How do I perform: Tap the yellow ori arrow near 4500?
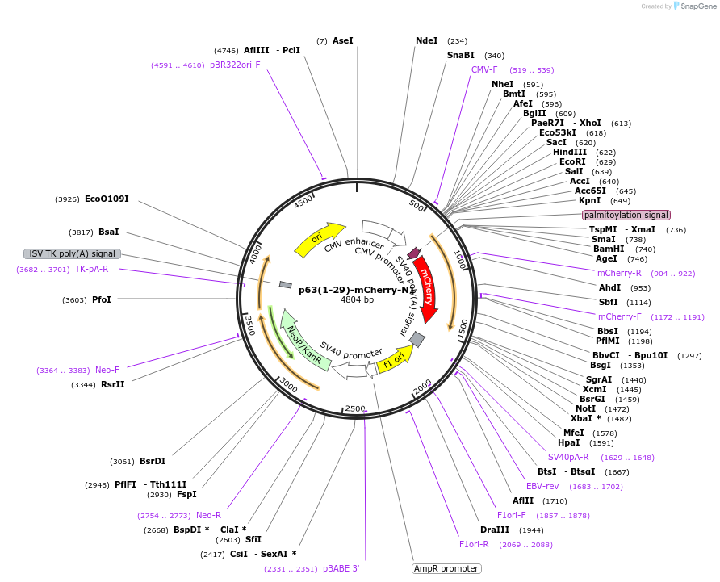tap(316, 239)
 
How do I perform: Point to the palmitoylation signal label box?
tap(626, 216)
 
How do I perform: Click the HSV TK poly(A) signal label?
tap(73, 253)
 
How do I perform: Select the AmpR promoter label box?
tap(446, 568)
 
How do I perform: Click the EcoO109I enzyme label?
tap(107, 199)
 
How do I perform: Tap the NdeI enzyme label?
tap(426, 40)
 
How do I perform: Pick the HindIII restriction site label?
tap(570, 152)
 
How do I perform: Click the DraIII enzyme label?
tap(495, 530)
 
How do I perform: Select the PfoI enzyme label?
tap(102, 299)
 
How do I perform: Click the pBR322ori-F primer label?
tap(235, 65)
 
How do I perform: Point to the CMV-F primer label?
tap(484, 69)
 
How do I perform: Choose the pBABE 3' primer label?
tap(341, 568)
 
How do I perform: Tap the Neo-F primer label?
tap(107, 370)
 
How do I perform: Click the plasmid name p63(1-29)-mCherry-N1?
tap(357, 289)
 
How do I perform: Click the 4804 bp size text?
tap(357, 300)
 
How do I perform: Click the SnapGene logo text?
tap(698, 6)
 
